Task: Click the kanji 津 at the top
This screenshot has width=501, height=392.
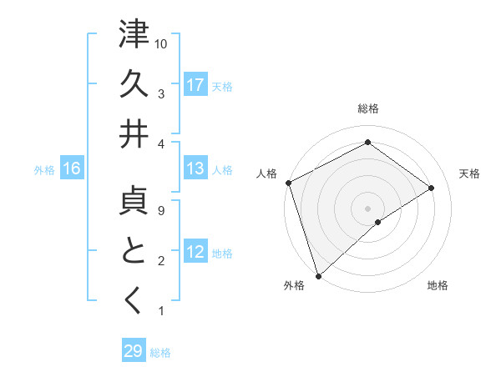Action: coord(134,35)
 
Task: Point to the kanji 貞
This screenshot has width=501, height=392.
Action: coord(134,200)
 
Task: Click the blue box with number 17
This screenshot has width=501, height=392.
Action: coord(195,84)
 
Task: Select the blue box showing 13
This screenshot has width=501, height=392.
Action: coord(195,168)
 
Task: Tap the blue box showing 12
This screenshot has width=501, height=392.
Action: coord(195,252)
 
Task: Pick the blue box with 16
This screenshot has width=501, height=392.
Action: coord(72,168)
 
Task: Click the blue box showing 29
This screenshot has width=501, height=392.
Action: coord(134,351)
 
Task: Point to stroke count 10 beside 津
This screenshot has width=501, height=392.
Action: coord(161,43)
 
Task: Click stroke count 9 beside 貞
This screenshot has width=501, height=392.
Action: coord(161,210)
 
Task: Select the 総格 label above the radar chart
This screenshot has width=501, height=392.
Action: coord(367,108)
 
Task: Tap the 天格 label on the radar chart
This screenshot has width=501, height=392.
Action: coord(469,173)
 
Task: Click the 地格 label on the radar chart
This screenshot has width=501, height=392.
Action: coord(438,285)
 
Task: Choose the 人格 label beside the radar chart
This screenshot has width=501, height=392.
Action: coord(266,173)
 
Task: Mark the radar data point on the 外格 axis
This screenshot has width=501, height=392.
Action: coord(317,275)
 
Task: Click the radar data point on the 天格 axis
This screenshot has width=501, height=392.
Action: coord(432,188)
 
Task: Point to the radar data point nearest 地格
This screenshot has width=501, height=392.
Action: coord(378,222)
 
